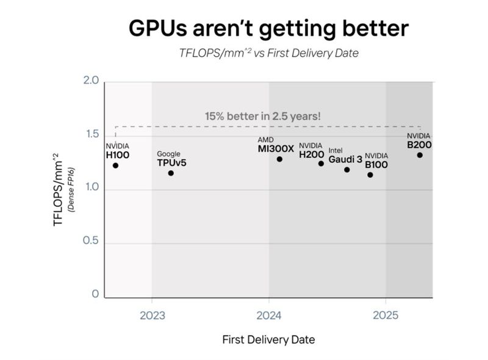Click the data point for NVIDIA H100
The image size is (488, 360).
115,165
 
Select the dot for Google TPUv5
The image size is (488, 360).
171,173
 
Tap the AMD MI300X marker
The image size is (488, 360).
279,159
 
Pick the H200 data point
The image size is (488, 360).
321,164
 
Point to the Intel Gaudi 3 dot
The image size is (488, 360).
347,170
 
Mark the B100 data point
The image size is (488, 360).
370,175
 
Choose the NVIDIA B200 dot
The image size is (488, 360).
420,155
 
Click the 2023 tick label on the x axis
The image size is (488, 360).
151,315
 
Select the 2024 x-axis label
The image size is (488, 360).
268,315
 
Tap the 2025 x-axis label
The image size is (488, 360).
385,315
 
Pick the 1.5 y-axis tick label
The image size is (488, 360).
91,134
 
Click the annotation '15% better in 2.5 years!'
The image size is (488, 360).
262,115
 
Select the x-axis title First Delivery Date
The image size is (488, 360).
268,339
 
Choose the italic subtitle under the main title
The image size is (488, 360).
268,53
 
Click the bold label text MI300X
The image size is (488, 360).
276,148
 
